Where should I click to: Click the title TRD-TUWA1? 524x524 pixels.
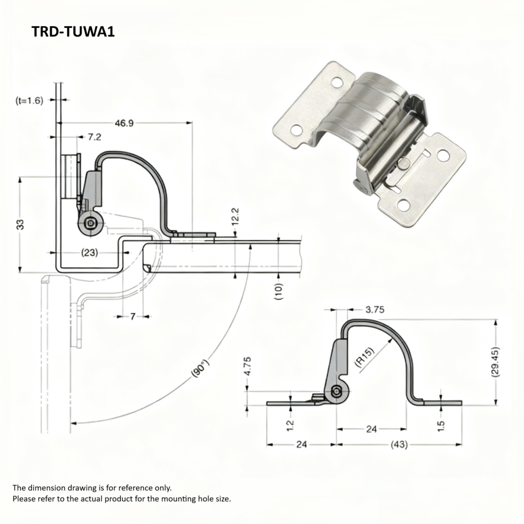pos(73,31)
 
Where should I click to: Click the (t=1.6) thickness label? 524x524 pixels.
pos(29,100)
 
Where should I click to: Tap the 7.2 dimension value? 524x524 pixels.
pos(94,137)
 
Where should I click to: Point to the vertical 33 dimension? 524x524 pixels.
pos(19,224)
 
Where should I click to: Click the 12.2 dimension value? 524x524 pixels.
pos(235,217)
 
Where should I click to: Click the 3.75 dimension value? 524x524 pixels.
pos(374,310)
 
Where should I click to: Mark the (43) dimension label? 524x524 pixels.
pos(399,444)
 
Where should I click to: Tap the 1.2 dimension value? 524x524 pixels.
pos(291,426)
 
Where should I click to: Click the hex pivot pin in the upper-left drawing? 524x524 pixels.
pos(90,223)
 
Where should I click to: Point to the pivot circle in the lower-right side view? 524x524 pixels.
pos(337,392)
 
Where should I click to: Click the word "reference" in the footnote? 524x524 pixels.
pos(130,488)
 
